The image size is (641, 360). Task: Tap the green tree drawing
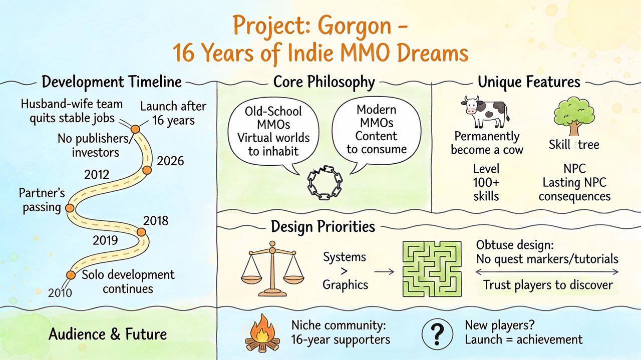point(574,116)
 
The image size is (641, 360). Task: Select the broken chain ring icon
point(325,183)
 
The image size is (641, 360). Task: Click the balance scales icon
point(272,268)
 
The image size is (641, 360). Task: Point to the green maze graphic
point(432,269)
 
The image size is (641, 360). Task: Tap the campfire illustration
point(262,333)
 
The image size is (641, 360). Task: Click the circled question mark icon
point(437,334)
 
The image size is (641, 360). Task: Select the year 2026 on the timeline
point(170,161)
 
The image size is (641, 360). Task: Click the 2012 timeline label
point(97,175)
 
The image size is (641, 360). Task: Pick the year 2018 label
point(156,221)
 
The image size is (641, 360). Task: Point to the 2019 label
point(105,240)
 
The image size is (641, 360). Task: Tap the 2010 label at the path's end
point(60,293)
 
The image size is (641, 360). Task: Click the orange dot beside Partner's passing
point(70,208)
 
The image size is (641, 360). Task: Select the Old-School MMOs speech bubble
point(273,135)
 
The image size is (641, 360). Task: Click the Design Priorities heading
point(323,227)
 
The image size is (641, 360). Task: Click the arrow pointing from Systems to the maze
point(384,272)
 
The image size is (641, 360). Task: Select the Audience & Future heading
point(108,334)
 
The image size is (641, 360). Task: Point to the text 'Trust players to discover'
point(548,285)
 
